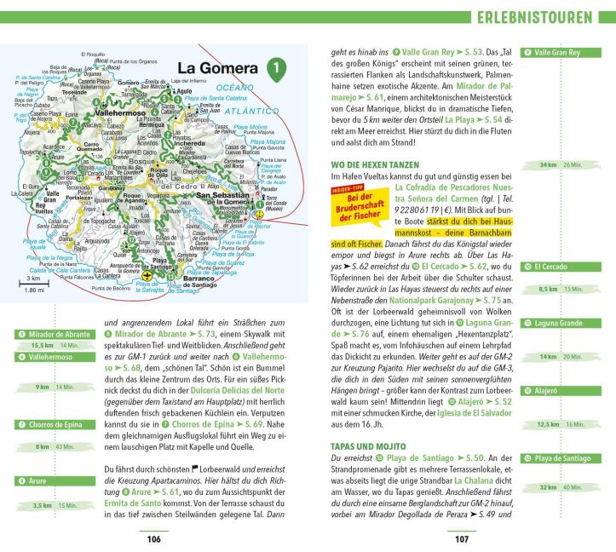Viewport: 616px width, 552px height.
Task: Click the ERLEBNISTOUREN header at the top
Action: (535, 17)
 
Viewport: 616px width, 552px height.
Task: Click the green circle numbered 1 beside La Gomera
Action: (274, 67)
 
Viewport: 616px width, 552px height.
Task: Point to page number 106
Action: (154, 538)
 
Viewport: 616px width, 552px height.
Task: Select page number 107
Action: (462, 538)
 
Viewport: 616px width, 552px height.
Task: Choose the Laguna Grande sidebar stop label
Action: (559, 323)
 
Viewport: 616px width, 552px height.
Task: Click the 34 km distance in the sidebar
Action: (548, 164)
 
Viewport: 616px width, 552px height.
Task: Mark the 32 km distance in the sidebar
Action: (548, 487)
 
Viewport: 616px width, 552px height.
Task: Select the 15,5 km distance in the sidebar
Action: (43, 346)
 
